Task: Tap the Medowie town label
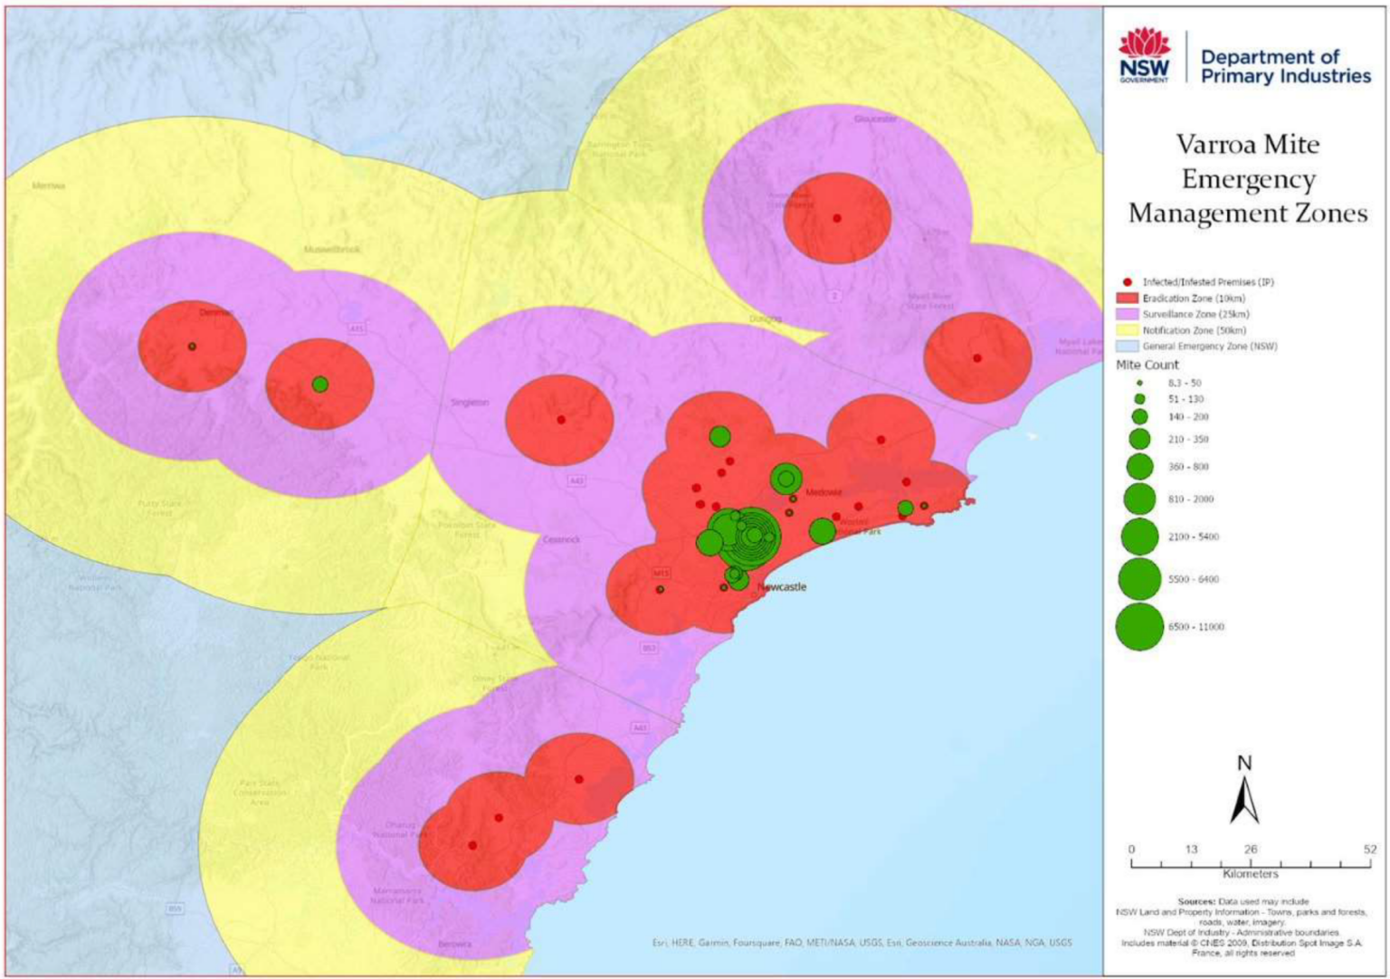pyautogui.click(x=824, y=493)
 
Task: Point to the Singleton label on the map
pyautogui.click(x=470, y=403)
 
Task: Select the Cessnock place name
pyautogui.click(x=561, y=540)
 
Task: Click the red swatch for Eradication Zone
pyautogui.click(x=1127, y=299)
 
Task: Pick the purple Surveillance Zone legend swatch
pyautogui.click(x=1127, y=314)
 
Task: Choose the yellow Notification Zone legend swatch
pyautogui.click(x=1127, y=330)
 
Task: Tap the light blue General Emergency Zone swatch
pyautogui.click(x=1127, y=347)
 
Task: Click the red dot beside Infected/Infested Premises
pyautogui.click(x=1128, y=282)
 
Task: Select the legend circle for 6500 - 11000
pyautogui.click(x=1139, y=627)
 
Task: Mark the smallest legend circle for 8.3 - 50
pyautogui.click(x=1139, y=384)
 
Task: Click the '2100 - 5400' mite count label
pyautogui.click(x=1193, y=537)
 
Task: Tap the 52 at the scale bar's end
pyautogui.click(x=1370, y=850)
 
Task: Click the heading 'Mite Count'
pyautogui.click(x=1147, y=366)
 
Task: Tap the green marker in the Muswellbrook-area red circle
pyautogui.click(x=319, y=385)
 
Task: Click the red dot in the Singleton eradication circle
pyautogui.click(x=561, y=420)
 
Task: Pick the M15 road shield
pyautogui.click(x=662, y=574)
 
